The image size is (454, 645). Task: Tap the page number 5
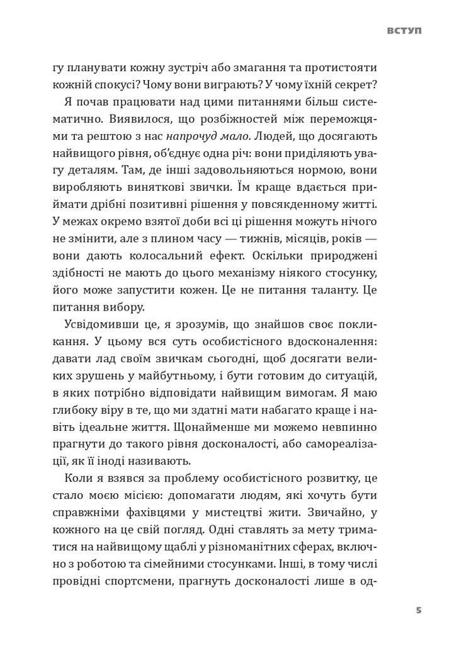click(419, 610)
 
